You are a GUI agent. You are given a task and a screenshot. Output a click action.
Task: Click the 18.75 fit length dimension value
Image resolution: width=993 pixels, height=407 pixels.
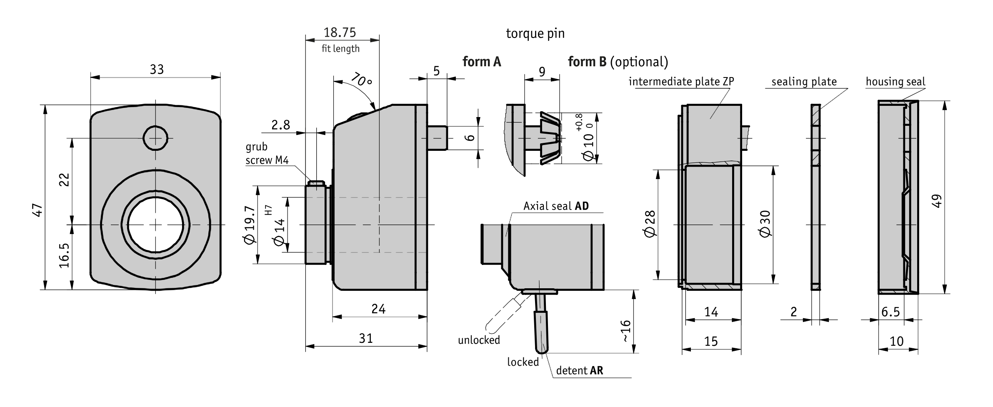pos(340,32)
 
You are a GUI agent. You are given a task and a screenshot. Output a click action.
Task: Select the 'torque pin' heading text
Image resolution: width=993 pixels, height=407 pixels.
pos(535,33)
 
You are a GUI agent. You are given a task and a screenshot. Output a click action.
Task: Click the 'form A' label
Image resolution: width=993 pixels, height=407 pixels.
pos(482,62)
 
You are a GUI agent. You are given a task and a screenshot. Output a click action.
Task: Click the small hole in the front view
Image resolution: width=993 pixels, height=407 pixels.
pos(155,138)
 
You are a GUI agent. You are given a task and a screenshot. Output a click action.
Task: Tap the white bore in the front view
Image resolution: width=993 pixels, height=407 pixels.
pos(155,225)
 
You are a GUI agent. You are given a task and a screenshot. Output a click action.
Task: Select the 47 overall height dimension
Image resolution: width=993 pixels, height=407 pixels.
pos(38,210)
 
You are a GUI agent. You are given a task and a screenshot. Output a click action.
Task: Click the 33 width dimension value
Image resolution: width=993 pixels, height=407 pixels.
pos(157,69)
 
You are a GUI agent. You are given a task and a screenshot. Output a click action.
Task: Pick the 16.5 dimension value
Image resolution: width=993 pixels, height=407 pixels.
pos(64,255)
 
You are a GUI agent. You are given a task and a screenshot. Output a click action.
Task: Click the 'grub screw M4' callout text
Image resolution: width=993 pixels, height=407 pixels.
pos(267,153)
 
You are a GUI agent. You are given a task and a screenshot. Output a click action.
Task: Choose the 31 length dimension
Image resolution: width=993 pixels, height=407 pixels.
pos(365,338)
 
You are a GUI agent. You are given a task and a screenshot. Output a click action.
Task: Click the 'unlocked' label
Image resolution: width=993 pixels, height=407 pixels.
pos(479,340)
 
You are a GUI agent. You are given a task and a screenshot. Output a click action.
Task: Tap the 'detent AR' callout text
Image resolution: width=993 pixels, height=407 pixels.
pos(580,370)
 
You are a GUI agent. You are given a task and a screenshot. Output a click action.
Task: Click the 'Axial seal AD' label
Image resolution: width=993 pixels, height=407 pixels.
pos(556,206)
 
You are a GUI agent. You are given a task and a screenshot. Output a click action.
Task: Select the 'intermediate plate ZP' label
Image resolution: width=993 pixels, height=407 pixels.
pos(681,81)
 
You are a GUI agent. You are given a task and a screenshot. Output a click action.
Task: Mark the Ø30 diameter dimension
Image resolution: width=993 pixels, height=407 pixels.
pos(765,224)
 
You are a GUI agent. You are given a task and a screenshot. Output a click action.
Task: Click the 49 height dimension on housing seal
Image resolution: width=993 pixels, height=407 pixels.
pos(936,201)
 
